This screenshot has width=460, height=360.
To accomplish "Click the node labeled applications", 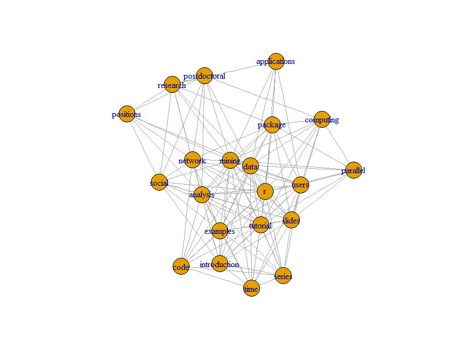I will (x=276, y=61).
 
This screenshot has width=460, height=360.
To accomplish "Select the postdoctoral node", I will (x=204, y=76).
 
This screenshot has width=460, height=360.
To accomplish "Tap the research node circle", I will (x=172, y=85).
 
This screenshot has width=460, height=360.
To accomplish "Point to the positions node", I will (x=127, y=114).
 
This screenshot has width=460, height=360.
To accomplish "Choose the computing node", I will (x=322, y=119).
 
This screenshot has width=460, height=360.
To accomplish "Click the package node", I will (x=272, y=125).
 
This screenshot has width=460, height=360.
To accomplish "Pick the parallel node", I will (x=353, y=170).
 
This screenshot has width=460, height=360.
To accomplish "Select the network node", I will (x=192, y=160).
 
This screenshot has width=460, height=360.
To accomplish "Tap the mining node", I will (x=230, y=160).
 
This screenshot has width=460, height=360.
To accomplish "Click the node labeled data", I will (x=250, y=166).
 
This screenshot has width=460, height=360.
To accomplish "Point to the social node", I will (x=159, y=182).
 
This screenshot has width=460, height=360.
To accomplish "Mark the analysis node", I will (x=202, y=194).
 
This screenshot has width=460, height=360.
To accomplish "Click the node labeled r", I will (x=264, y=191).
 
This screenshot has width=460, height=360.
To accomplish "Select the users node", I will (x=300, y=185).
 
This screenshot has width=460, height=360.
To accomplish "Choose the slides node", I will (x=291, y=220).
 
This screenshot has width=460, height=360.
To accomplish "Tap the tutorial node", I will (x=261, y=225).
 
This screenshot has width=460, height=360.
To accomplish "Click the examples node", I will (x=220, y=231).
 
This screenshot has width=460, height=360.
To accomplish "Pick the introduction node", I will (x=220, y=264).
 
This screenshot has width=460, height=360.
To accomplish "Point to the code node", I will (x=181, y=267).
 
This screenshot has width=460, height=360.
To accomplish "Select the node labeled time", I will (x=251, y=288).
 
